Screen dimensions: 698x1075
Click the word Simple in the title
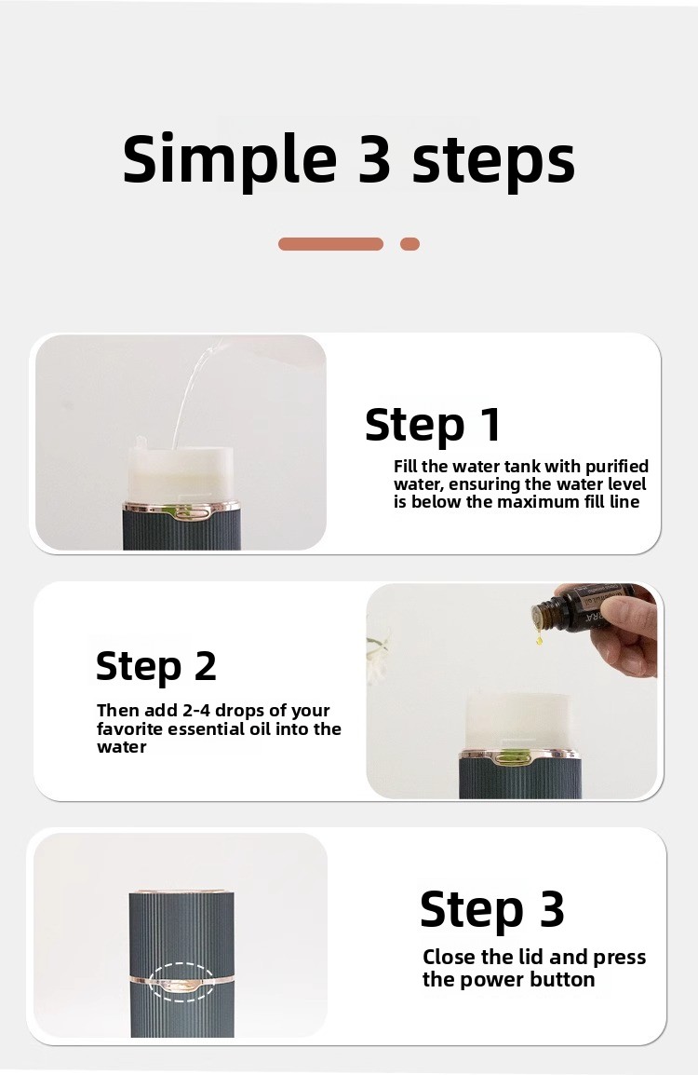click(230, 159)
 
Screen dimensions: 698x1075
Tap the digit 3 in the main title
click(374, 159)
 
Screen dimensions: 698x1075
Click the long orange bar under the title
click(330, 244)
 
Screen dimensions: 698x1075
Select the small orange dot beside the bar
click(409, 244)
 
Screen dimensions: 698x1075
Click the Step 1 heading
click(433, 425)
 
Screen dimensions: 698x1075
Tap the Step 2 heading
click(156, 666)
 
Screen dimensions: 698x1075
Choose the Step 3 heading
click(491, 910)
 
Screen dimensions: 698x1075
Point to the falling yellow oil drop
click(539, 640)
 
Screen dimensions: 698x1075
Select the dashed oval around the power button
click(181, 965)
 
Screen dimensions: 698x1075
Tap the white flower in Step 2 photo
click(378, 655)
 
